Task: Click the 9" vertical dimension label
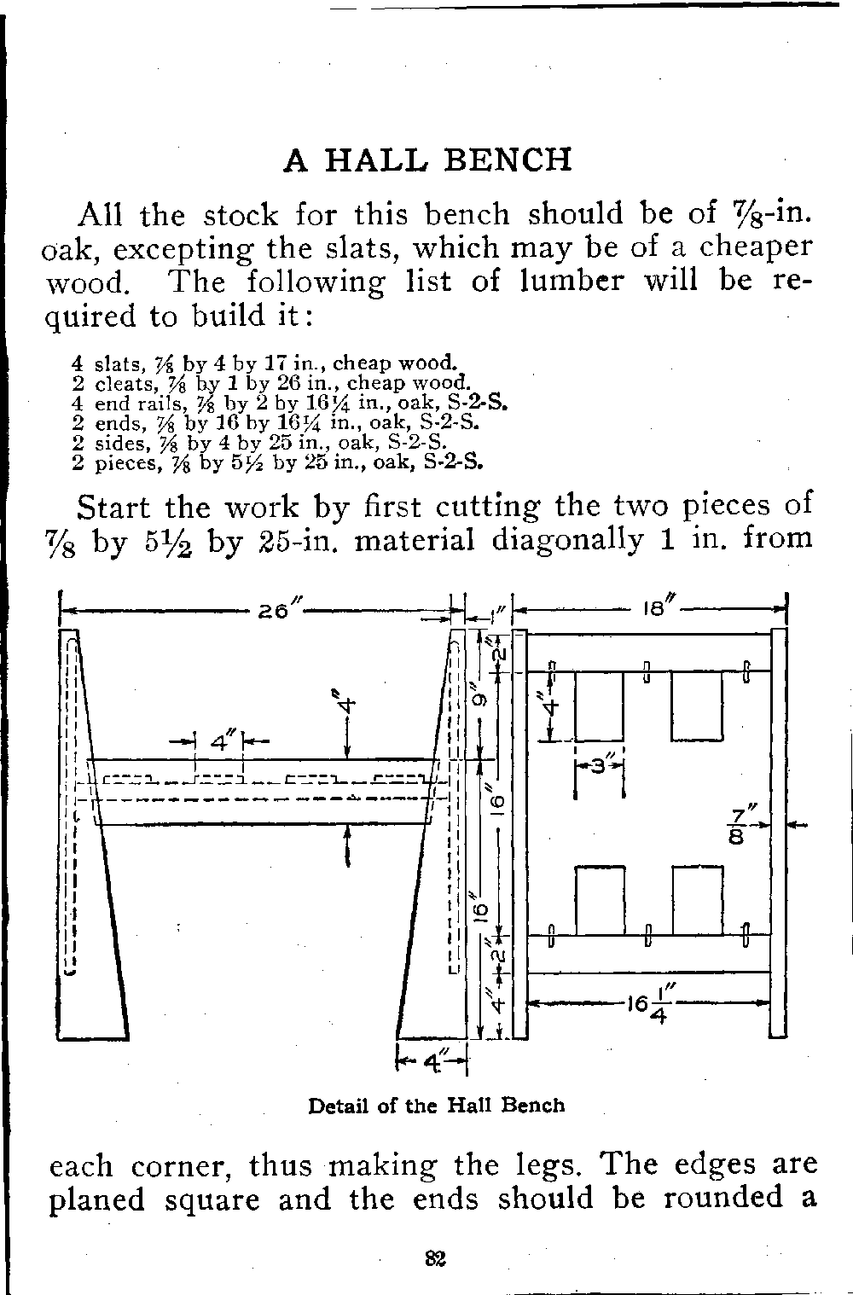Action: [x=479, y=700]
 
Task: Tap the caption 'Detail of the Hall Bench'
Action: [x=436, y=1106]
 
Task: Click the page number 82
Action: [x=436, y=1258]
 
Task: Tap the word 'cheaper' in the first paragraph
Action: [x=756, y=247]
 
